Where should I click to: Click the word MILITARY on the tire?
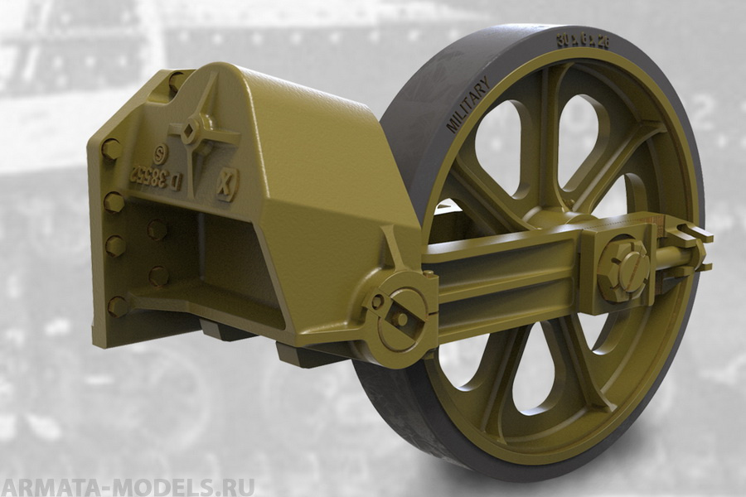click(x=467, y=106)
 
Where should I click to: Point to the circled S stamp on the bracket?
click(x=160, y=153)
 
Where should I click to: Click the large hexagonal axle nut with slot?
click(x=622, y=269)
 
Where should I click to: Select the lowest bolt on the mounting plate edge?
click(x=118, y=306)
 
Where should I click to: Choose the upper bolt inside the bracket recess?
click(x=157, y=230)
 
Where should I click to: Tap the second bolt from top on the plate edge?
click(x=114, y=202)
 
